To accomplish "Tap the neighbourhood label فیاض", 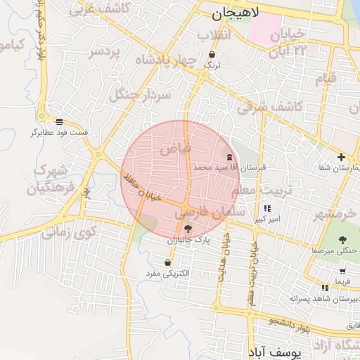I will (x=176, y=148).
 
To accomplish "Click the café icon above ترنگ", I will (x=212, y=54).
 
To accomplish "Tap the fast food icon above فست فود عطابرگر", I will (x=59, y=122).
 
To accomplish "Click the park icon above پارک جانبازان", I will (x=186, y=229).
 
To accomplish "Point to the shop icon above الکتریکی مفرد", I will (x=167, y=263).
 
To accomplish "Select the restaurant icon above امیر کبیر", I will (x=267, y=208).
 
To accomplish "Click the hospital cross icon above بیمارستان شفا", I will (x=341, y=157).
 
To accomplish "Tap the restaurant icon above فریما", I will (x=342, y=271).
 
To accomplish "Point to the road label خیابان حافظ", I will (x=141, y=184).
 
